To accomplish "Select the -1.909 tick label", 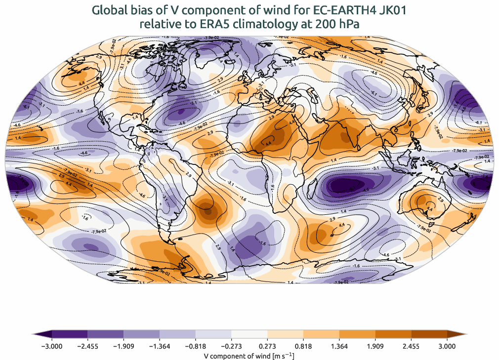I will tap(123, 346).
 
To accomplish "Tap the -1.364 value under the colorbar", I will tap(159, 346).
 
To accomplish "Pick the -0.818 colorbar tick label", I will tap(195, 346).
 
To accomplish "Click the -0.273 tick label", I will tap(231, 346).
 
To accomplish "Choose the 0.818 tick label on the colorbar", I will tap(303, 346).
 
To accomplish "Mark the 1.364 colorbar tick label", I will tap(339, 346).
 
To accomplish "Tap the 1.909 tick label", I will tap(375, 346).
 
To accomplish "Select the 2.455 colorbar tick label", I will tap(412, 346).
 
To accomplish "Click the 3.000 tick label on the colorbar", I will tap(447, 346).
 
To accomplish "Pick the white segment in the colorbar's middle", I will tap(249, 335).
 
